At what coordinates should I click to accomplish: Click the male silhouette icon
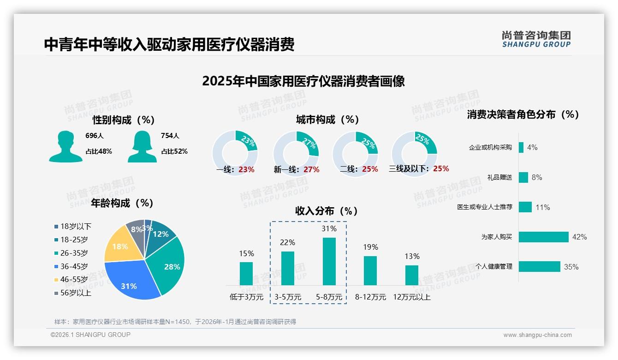(66, 147)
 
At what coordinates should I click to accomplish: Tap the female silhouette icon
(142, 147)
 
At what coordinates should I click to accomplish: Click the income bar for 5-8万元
(329, 261)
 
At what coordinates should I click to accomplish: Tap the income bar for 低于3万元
(246, 273)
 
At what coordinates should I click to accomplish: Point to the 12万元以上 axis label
(412, 297)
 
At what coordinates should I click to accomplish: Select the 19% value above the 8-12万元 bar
(370, 247)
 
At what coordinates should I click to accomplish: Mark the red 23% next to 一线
(246, 169)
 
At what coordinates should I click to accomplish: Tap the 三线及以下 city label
(409, 169)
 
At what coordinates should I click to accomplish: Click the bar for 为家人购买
(544, 237)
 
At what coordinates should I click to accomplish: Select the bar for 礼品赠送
(523, 177)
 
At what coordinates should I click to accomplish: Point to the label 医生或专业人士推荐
(485, 207)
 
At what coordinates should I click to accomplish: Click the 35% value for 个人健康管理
(571, 267)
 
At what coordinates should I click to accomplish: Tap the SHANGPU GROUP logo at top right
(536, 39)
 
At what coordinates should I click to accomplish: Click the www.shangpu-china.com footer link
(537, 335)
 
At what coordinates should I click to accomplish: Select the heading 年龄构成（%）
(122, 203)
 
